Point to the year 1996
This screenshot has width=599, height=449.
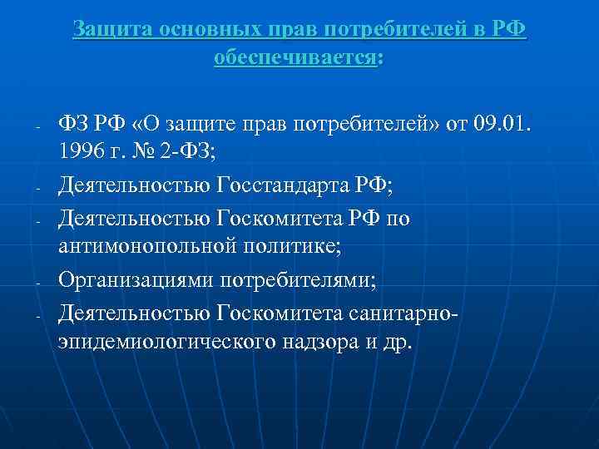click(82, 153)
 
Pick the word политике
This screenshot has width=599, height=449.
click(279, 245)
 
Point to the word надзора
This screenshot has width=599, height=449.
click(324, 340)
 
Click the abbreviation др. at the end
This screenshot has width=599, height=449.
click(398, 340)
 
